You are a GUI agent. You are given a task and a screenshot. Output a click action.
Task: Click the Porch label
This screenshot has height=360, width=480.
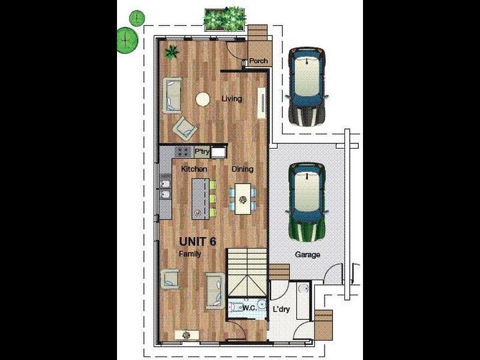click(259, 61)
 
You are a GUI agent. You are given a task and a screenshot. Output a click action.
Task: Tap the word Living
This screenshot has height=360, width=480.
click(232, 98)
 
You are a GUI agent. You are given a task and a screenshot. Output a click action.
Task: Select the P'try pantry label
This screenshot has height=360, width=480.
click(202, 152)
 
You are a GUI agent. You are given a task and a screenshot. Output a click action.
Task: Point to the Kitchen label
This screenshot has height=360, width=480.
click(194, 169)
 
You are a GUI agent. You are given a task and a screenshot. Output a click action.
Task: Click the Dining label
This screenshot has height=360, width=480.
click(242, 169)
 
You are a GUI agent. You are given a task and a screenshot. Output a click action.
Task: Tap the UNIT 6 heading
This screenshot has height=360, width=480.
click(198, 242)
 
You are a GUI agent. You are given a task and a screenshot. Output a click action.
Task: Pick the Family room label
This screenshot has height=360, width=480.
click(190, 254)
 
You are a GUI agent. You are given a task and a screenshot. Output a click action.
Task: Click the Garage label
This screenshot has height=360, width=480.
click(307, 254)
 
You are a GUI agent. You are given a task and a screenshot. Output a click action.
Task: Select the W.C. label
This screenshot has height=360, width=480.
click(250, 308)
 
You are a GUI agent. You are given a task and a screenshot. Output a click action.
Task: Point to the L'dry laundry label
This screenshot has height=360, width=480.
click(281, 309)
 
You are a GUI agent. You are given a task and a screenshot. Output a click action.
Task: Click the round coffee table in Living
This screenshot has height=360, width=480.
click(203, 100)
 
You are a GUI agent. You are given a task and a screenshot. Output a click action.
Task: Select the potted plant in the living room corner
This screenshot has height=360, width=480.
click(172, 52)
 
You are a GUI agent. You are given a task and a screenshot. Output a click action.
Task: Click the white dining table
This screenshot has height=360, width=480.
click(243, 199)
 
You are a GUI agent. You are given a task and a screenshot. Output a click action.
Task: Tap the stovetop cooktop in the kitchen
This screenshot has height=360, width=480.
click(184, 152)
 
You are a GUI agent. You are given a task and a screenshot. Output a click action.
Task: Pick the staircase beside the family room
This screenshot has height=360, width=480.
click(247, 272)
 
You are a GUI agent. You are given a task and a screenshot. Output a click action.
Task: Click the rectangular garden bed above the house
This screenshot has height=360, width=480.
click(226, 19)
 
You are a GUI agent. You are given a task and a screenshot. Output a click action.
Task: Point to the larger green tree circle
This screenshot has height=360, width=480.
click(127, 40)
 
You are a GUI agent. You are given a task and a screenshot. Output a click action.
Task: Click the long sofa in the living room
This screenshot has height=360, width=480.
click(172, 96)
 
